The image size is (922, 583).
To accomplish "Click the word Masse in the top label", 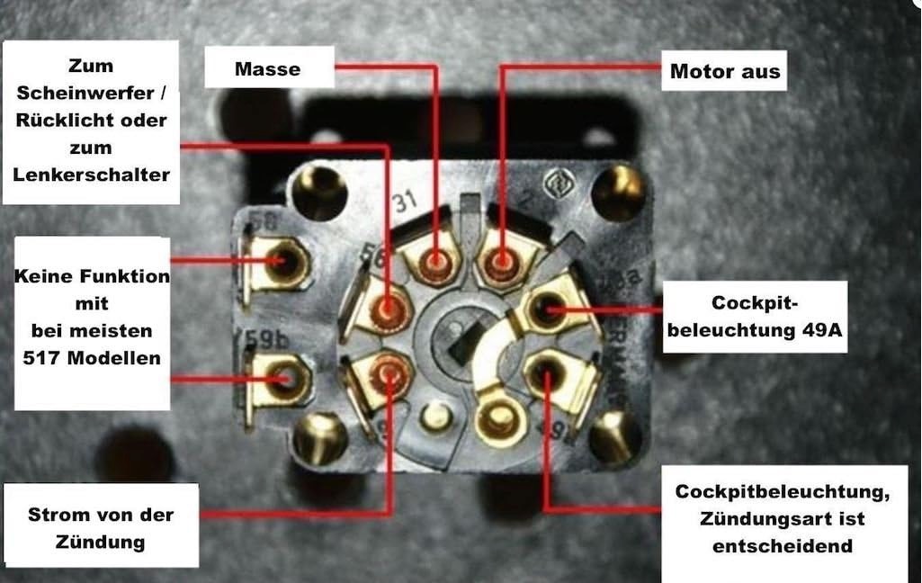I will click(267, 68).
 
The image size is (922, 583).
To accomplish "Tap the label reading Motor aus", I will click(725, 70).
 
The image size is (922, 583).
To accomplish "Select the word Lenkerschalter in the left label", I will click(92, 175).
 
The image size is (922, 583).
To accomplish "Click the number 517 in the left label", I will click(49, 358).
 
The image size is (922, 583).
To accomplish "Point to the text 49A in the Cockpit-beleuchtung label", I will click(819, 330).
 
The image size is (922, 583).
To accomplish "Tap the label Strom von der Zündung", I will click(100, 528).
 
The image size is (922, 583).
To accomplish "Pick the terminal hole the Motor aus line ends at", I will click(501, 264).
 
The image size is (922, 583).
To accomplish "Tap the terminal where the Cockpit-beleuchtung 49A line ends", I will click(546, 310).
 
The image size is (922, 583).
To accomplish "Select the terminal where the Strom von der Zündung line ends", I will click(389, 370).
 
